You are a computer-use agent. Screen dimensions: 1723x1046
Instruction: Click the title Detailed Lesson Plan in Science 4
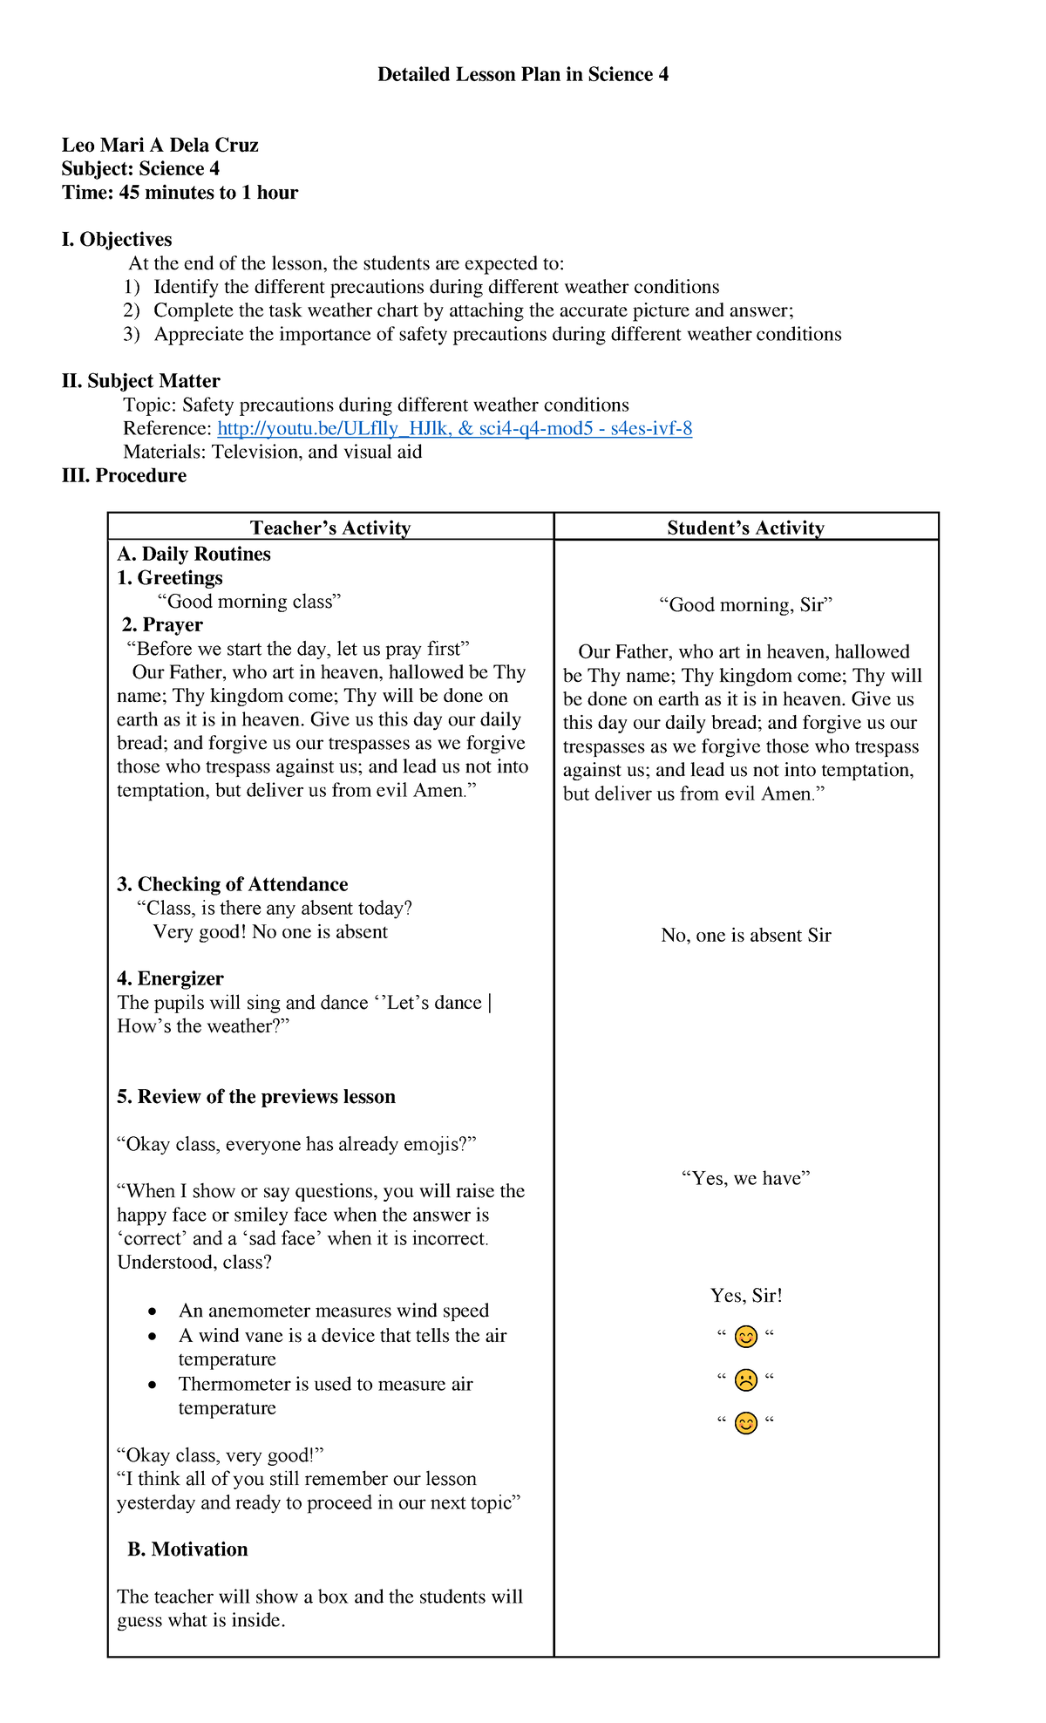coord(523,75)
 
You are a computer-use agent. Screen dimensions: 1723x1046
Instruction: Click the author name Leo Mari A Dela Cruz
coord(160,146)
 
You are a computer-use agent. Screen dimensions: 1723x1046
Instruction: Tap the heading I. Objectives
coord(117,240)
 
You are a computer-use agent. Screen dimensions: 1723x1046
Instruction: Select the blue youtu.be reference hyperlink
coord(454,428)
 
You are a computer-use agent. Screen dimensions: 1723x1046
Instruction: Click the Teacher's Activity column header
coord(330,528)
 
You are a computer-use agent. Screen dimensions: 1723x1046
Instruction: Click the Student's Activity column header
coord(745,528)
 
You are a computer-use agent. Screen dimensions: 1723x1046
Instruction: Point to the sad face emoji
coord(745,1380)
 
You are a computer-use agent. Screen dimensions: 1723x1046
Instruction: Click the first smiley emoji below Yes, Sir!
coord(745,1337)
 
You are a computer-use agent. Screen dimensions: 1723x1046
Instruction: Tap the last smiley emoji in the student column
coord(745,1424)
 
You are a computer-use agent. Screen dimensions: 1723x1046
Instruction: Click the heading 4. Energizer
coord(170,978)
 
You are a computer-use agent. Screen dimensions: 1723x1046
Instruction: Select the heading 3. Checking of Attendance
coord(232,884)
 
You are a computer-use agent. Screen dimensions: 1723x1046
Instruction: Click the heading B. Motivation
coord(187,1549)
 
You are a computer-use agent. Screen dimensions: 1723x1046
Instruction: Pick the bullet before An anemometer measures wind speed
coord(153,1311)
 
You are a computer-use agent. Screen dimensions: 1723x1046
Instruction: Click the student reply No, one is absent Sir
coord(745,936)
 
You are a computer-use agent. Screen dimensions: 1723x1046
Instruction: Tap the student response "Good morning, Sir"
coord(745,605)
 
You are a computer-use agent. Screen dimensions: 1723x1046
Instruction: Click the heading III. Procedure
coord(124,476)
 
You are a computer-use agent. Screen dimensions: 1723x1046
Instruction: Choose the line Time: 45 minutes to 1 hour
coord(180,193)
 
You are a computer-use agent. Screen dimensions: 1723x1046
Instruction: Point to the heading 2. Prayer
coord(162,625)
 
